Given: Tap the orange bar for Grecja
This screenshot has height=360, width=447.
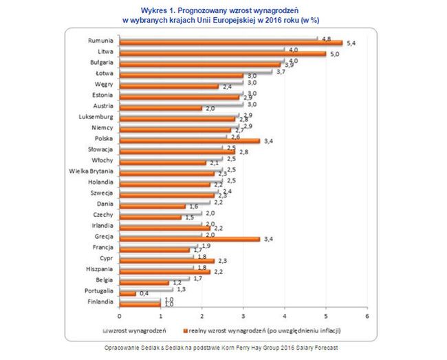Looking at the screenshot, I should tap(189, 240).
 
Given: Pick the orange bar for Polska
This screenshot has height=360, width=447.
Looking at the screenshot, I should tap(189, 141).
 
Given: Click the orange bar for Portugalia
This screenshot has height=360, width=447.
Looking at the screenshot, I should tap(128, 293).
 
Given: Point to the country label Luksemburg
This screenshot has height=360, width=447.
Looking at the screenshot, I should tap(97, 117).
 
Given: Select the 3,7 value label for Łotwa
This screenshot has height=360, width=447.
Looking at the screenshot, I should tap(281, 72).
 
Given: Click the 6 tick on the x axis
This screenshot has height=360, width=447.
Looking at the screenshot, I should tap(367, 316).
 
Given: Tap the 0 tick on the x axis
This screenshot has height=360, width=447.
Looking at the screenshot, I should tap(120, 316).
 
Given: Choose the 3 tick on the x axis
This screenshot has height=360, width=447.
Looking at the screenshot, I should tap(243, 316).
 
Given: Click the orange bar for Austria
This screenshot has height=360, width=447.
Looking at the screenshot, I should tap(161, 108).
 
